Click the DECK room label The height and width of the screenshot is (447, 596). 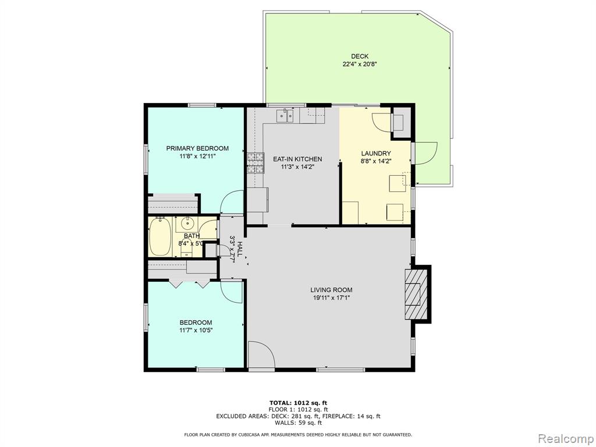(x=359, y=56)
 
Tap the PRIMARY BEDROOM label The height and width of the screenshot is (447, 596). (x=197, y=148)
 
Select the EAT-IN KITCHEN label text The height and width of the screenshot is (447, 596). (x=297, y=159)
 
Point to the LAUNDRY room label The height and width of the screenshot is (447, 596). (x=375, y=153)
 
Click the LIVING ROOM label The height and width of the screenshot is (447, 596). (x=331, y=290)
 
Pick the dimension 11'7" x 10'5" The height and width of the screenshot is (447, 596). (x=196, y=331)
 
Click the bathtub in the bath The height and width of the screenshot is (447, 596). (x=159, y=237)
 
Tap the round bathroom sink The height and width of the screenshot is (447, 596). (x=187, y=222)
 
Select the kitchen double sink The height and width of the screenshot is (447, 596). (x=285, y=116)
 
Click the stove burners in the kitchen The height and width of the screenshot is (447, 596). (x=256, y=163)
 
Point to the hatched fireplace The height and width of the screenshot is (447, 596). (x=412, y=294)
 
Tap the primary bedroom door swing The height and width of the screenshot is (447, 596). (x=232, y=202)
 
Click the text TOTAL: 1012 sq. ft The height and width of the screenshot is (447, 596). (x=298, y=403)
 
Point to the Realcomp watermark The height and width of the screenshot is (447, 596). (x=565, y=438)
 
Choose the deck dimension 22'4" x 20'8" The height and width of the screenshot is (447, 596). (x=360, y=64)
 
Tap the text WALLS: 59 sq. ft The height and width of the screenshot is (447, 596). (x=298, y=423)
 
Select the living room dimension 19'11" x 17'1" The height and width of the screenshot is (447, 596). (x=331, y=298)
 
